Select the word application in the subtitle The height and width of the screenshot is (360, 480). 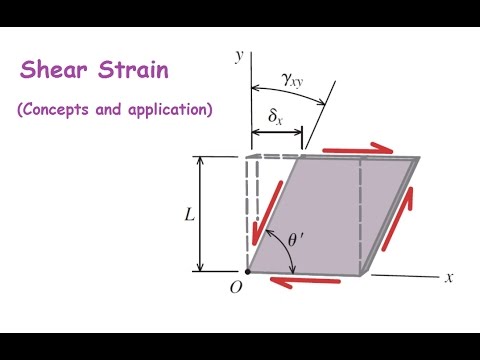165,110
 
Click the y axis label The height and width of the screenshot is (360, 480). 240,56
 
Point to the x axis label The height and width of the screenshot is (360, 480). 450,276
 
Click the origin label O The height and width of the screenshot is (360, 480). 237,288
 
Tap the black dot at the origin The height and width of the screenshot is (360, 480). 247,271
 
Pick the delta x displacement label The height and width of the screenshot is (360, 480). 276,117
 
